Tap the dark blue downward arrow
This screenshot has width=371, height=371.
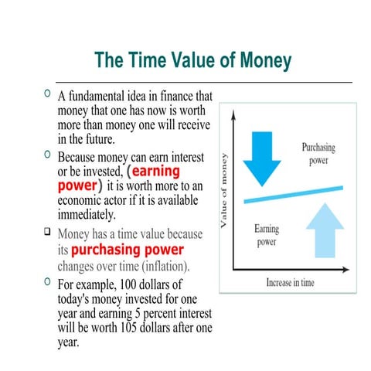coord(263,155)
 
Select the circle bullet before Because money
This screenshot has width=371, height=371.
coord(48,155)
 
